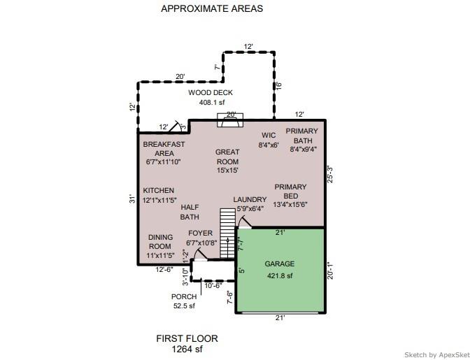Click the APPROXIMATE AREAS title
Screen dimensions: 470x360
(212, 8)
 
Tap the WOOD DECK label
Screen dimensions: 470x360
(211, 92)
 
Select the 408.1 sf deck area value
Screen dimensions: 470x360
(212, 103)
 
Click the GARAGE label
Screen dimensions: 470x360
(280, 264)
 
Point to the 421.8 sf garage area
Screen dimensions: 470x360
(280, 276)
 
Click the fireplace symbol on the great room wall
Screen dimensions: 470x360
(230, 120)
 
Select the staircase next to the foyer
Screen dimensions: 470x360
(228, 233)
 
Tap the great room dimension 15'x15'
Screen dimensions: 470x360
(227, 171)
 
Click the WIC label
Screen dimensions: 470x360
(269, 136)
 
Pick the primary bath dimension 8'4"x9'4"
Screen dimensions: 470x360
(304, 149)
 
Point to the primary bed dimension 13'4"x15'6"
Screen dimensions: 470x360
(290, 205)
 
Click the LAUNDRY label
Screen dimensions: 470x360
(250, 199)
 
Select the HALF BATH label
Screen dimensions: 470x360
(190, 212)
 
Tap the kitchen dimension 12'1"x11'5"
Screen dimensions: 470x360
(159, 200)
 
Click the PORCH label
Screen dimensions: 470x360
(184, 297)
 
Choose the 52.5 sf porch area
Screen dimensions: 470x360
(184, 306)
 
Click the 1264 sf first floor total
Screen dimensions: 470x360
(187, 349)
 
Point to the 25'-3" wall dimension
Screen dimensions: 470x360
(330, 174)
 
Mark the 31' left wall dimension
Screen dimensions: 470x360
(132, 199)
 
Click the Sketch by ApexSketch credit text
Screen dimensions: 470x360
(437, 355)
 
